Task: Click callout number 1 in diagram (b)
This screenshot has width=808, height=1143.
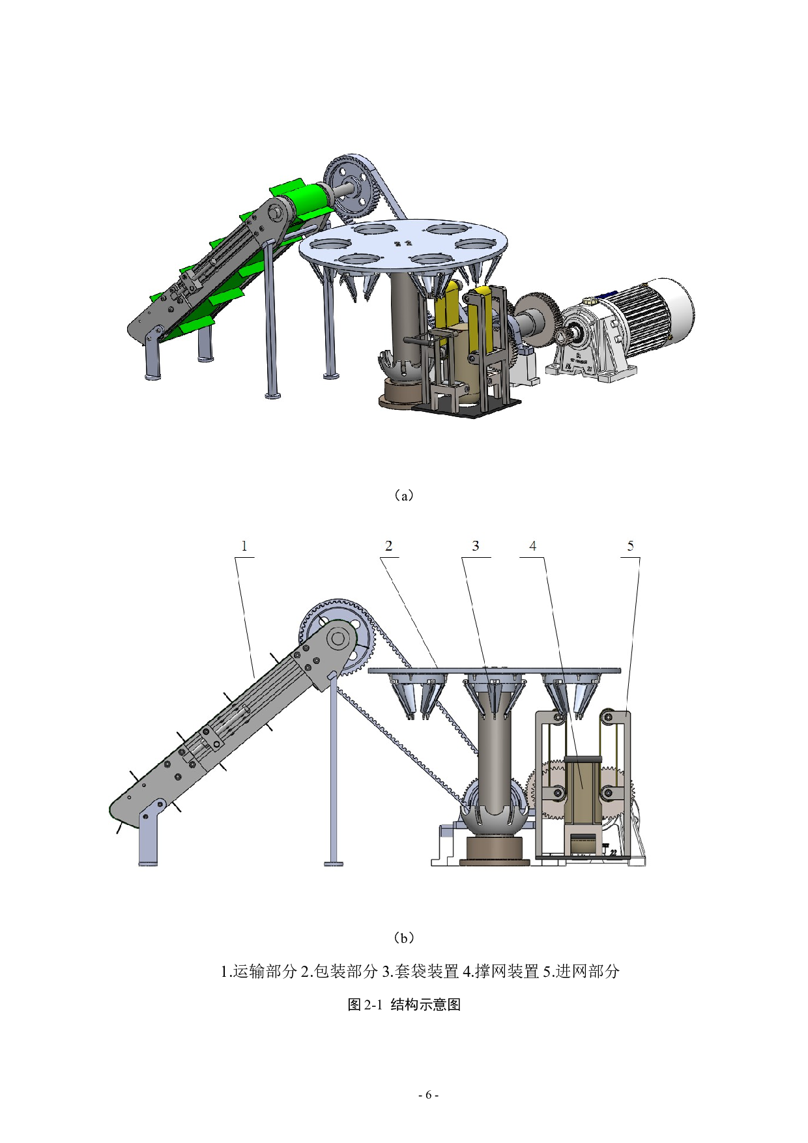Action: pos(244,546)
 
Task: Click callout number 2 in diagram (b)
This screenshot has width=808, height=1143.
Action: pos(389,546)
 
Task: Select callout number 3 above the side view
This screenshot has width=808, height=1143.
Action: pos(476,546)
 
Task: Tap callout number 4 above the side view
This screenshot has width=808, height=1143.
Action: pos(533,546)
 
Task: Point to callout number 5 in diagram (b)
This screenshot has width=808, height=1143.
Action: pos(630,546)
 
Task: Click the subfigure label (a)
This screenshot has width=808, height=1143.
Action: pos(404,495)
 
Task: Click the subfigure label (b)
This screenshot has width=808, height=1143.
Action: pos(404,938)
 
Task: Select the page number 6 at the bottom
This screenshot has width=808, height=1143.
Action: pos(428,1095)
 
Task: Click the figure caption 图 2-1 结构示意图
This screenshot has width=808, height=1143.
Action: pos(404,1004)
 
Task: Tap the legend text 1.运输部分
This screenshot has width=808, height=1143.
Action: pos(259,972)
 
